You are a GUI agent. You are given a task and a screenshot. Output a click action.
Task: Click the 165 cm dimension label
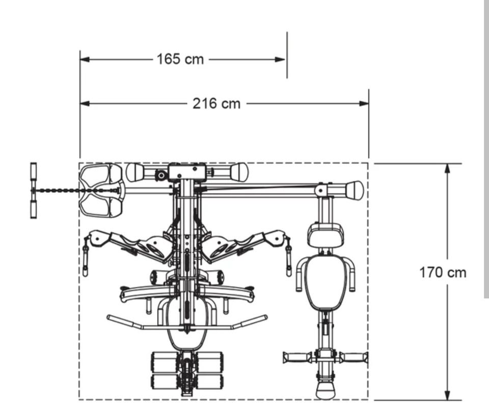tap(180, 59)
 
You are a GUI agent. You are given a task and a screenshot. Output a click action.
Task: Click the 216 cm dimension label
tap(216, 103)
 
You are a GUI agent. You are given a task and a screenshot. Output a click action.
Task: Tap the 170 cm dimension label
tap(443, 272)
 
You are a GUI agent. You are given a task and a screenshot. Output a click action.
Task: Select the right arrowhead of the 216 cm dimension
tap(364, 103)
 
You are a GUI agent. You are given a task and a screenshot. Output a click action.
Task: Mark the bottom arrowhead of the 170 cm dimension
tap(447, 395)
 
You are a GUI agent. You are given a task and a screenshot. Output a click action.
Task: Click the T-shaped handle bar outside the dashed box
tap(34, 190)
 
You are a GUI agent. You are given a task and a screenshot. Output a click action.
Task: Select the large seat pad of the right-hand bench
tap(326, 282)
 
